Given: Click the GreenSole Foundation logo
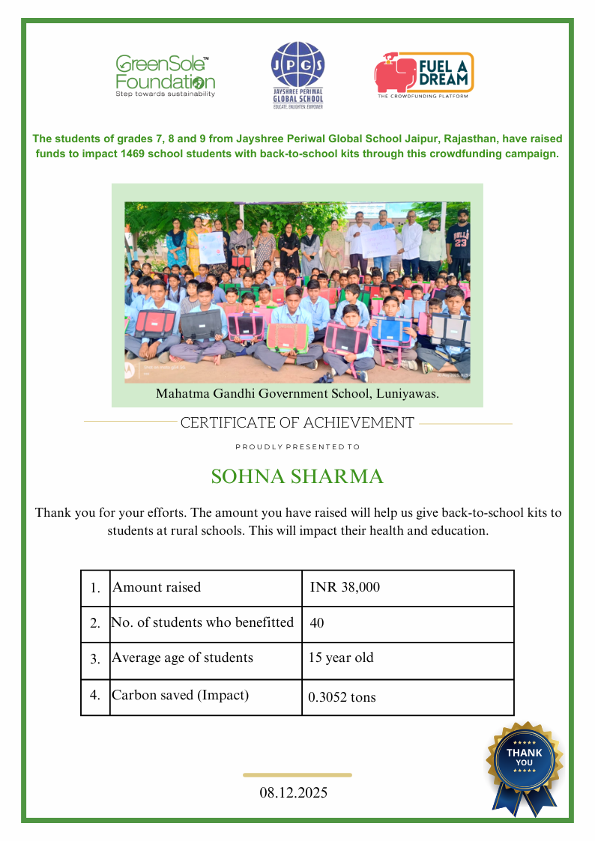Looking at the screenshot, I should (165, 76).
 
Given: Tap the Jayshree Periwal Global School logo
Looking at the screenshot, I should (297, 76).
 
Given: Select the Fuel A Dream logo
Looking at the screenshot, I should (424, 76).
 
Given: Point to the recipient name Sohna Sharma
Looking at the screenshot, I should (297, 476).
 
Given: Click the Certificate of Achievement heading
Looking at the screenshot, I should (297, 423).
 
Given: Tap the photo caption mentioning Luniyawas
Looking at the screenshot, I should (297, 393).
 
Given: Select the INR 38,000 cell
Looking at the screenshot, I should (345, 588).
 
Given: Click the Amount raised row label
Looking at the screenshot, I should (157, 588).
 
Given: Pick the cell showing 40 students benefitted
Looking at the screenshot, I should (317, 623).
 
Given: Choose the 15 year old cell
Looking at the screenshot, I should (341, 658).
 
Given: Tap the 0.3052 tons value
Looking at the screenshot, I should (342, 697).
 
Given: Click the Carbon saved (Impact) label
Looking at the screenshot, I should (180, 695).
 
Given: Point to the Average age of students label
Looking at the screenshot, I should (182, 658).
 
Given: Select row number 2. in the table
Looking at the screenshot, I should (95, 623).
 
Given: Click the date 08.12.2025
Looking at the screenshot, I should (294, 792).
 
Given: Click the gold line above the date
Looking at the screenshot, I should (297, 775).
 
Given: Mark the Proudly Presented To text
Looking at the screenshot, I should (297, 447).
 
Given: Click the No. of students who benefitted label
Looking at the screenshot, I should (202, 622).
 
